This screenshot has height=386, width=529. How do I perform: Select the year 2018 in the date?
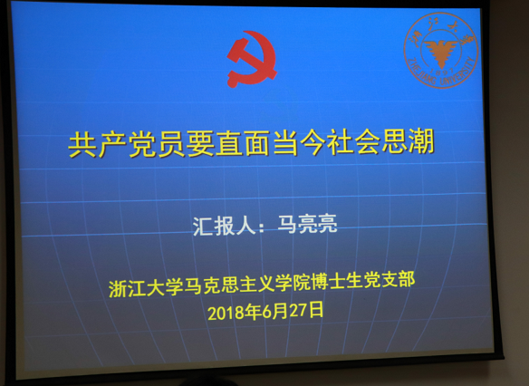point(225,313)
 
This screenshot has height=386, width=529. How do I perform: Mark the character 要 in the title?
point(194,144)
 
